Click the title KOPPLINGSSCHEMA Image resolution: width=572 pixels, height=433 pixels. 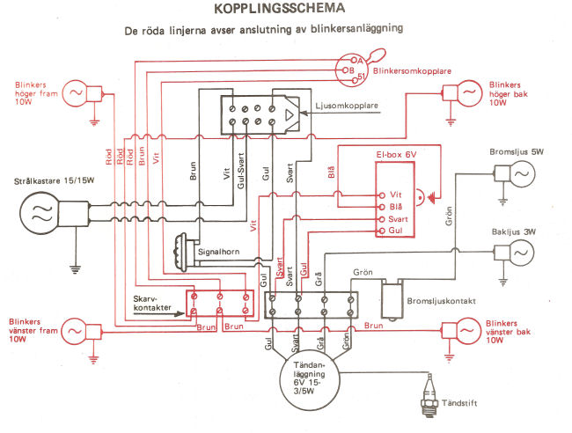click(280, 9)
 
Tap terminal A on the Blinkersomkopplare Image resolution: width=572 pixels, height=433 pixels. click(354, 60)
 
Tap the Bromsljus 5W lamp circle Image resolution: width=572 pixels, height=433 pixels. click(522, 174)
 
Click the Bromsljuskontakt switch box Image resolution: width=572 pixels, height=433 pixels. click(392, 300)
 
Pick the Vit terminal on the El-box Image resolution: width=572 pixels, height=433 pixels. click(382, 195)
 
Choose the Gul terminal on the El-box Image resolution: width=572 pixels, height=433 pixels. click(382, 231)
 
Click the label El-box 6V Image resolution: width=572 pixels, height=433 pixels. click(396, 155)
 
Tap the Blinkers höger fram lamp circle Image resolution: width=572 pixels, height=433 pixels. click(76, 93)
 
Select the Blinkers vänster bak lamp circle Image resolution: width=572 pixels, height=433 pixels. click(467, 331)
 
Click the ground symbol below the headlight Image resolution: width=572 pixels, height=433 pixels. click(75, 269)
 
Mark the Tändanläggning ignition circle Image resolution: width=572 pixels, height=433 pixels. click(310, 380)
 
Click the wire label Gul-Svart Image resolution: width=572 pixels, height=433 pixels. click(240, 171)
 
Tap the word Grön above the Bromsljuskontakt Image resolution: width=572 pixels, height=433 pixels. click(363, 272)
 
